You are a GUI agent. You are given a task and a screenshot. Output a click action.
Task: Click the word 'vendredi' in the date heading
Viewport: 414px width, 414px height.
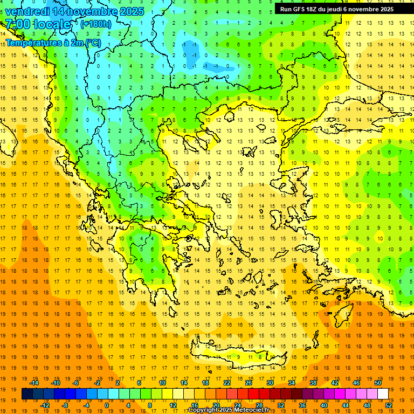(27, 11)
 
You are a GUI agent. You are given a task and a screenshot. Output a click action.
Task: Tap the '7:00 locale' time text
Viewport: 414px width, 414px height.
(38, 24)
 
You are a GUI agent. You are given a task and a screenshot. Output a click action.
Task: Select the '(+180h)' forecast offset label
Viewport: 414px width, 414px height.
(96, 24)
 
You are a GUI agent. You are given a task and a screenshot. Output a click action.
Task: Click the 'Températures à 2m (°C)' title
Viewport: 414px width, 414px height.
(53, 42)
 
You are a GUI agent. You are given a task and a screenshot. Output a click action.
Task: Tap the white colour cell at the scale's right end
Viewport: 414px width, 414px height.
(383, 394)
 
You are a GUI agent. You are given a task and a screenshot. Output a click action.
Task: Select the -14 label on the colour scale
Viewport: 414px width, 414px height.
(34, 383)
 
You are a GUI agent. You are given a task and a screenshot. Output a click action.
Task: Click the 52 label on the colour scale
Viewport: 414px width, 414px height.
(389, 405)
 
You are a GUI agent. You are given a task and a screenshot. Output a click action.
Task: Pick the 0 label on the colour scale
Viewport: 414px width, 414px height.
(107, 405)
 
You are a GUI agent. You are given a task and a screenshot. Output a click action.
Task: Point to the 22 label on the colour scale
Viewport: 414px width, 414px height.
(227, 383)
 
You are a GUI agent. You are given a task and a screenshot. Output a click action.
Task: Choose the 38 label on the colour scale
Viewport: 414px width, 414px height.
(313, 383)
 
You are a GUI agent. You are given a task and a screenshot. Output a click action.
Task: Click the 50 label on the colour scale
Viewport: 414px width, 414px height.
(378, 383)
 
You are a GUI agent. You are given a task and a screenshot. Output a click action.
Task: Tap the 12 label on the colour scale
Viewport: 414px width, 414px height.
(173, 405)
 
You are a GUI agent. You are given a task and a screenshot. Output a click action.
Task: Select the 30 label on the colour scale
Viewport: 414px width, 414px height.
(270, 383)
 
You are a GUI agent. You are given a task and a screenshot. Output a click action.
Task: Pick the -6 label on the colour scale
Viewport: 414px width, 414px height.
(76, 383)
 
